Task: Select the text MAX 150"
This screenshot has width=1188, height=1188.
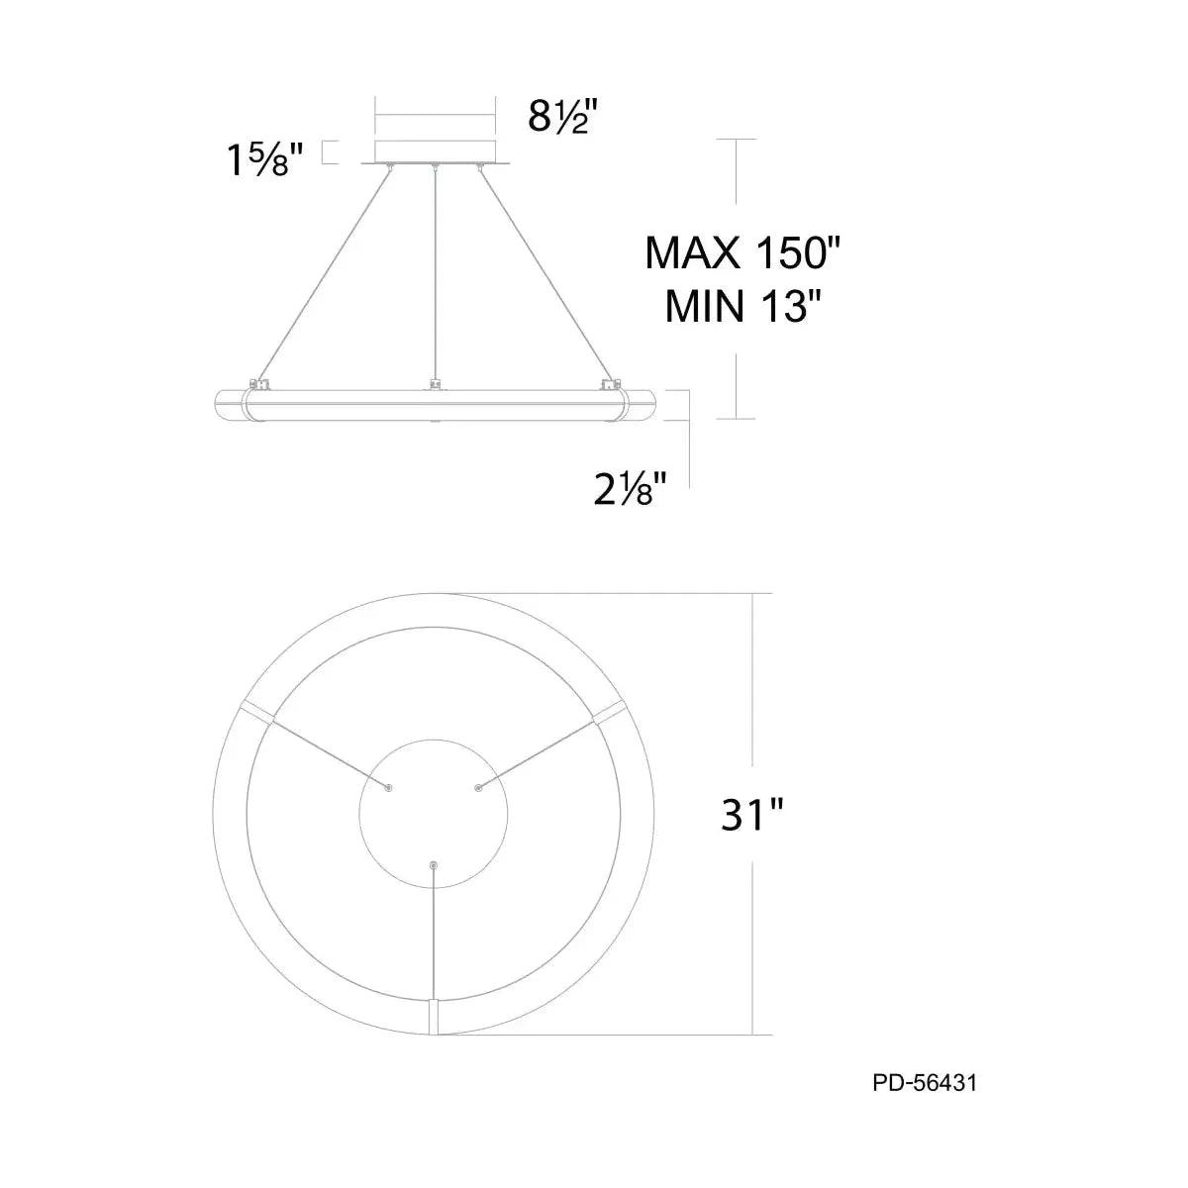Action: pyautogui.click(x=742, y=253)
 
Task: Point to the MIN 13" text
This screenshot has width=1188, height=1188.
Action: pyautogui.click(x=744, y=307)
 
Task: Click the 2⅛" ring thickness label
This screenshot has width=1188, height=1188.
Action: pyautogui.click(x=629, y=488)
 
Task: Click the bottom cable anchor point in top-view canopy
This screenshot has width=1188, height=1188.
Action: pyautogui.click(x=433, y=866)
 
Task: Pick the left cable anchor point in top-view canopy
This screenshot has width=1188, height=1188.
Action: pyautogui.click(x=388, y=788)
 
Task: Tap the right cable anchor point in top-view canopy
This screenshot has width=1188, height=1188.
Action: pyautogui.click(x=478, y=788)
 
